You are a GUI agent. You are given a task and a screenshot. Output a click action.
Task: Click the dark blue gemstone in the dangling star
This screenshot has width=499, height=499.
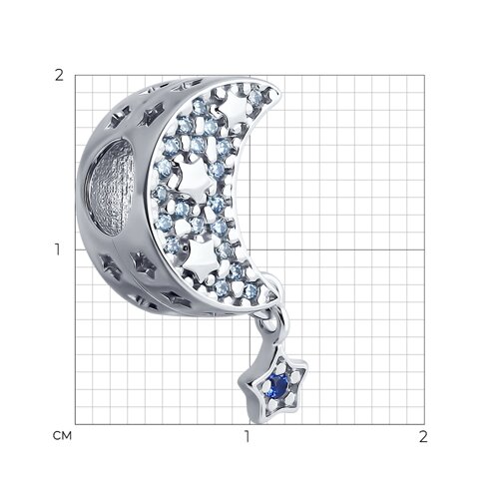click(x=279, y=385)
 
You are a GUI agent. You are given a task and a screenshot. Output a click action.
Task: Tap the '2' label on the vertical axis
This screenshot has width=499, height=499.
click(x=59, y=76)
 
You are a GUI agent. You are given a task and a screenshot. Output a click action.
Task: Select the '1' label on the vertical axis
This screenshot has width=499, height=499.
click(x=58, y=249)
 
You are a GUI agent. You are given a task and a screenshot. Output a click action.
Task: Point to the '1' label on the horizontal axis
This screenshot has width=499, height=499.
click(x=247, y=437)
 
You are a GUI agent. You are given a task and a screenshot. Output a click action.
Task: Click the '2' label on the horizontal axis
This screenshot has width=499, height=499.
click(x=423, y=437)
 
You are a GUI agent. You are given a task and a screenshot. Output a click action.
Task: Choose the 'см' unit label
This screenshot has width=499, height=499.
click(x=62, y=436)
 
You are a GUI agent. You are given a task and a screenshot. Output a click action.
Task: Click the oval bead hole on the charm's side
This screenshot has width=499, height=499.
click(x=112, y=187)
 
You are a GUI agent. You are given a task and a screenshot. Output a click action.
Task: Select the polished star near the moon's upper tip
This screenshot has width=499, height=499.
click(x=234, y=108)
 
